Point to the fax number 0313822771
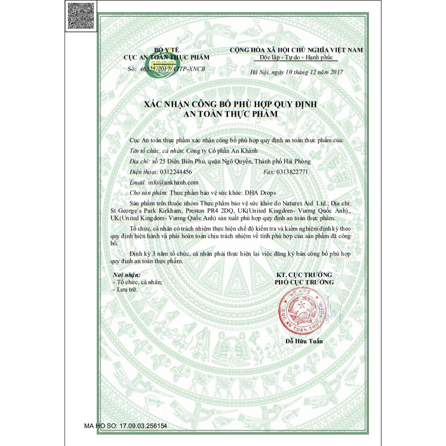291,171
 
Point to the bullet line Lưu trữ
127,288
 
